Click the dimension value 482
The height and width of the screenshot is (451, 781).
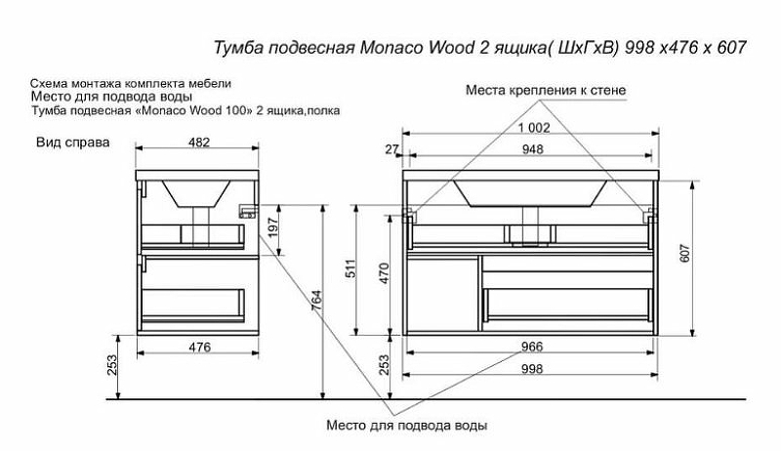[x=198, y=143]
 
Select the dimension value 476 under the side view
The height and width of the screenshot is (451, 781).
[x=198, y=347]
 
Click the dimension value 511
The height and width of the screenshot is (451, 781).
[x=350, y=270]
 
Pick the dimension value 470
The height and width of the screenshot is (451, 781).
[x=384, y=272]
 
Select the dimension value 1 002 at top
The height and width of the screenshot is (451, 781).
[x=534, y=128]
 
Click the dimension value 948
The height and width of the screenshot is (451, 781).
[x=532, y=149]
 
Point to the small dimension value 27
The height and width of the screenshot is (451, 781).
[x=391, y=149]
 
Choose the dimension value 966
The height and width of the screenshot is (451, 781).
[x=532, y=347]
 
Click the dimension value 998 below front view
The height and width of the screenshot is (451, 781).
[x=532, y=369]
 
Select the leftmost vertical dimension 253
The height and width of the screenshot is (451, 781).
[x=112, y=366]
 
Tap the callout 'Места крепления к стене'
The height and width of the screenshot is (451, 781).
[x=545, y=90]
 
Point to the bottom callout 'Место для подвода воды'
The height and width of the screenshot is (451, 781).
[x=406, y=426]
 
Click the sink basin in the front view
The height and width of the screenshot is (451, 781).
[x=532, y=192]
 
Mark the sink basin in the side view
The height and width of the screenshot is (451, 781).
[x=200, y=192]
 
